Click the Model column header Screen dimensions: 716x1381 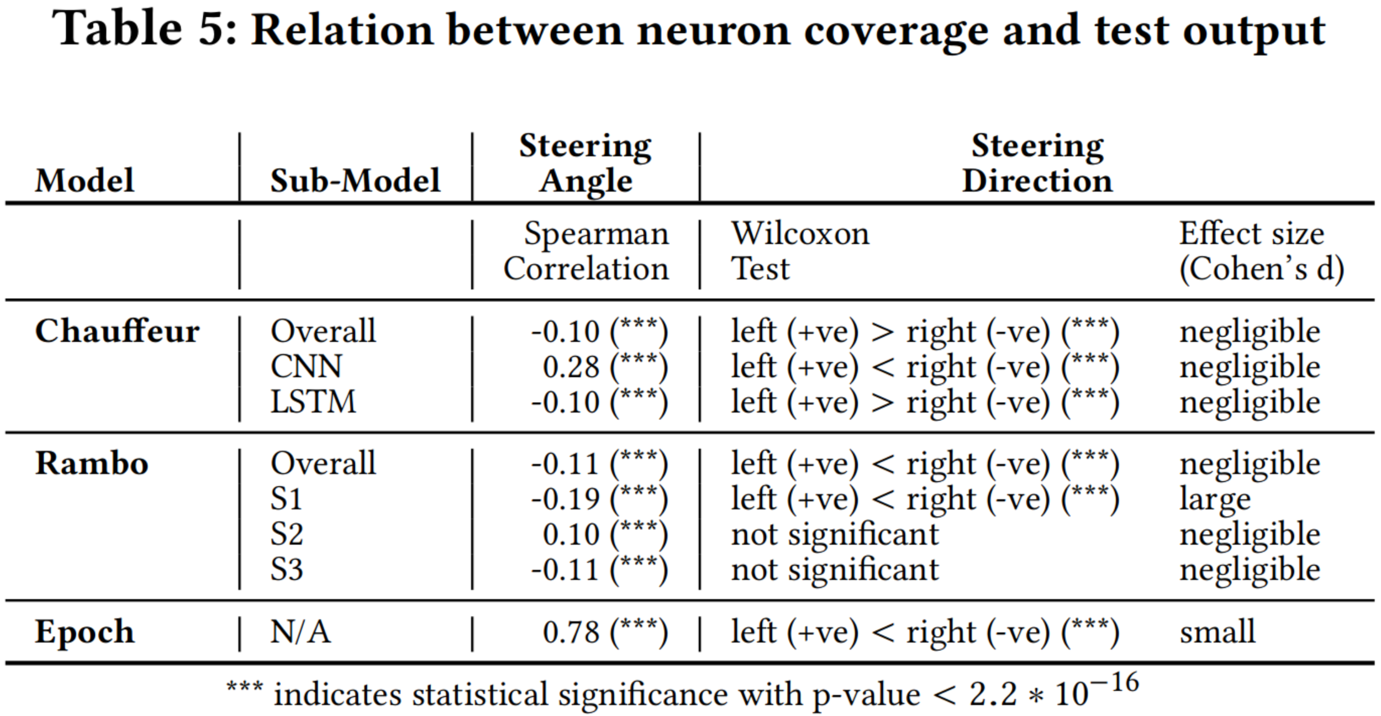[85, 181]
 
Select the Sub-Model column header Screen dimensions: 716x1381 [355, 181]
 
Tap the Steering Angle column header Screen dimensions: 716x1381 [586, 164]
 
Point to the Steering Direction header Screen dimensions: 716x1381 [1037, 164]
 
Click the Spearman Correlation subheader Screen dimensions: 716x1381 [587, 251]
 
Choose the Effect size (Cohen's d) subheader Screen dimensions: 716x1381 [1261, 251]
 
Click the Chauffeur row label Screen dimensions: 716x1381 [117, 331]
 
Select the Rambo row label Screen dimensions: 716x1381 [92, 464]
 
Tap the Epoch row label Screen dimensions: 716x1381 [85, 632]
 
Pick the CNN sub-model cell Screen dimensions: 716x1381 [306, 367]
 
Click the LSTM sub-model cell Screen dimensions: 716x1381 [313, 402]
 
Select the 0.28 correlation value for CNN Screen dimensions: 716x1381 [571, 367]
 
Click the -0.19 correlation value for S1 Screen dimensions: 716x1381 [565, 499]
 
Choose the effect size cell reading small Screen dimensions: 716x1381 [1217, 632]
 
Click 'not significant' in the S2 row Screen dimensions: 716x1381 [835, 535]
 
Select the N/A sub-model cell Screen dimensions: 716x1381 [301, 632]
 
